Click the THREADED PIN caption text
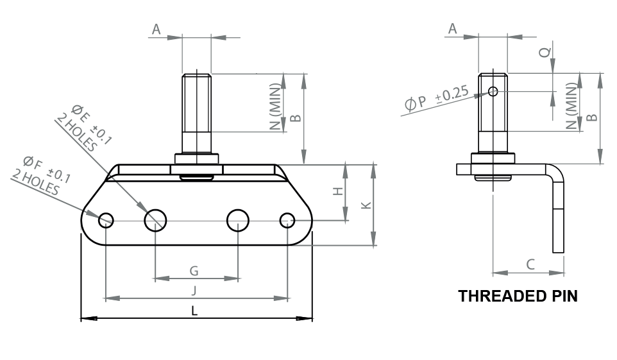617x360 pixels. (x=518, y=296)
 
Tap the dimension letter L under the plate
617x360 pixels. (x=194, y=311)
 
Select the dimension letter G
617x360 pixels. (x=194, y=271)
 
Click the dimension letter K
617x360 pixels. (x=366, y=205)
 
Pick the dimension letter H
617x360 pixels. (x=339, y=191)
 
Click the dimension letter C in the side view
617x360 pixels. (x=530, y=264)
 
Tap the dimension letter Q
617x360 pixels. (x=544, y=53)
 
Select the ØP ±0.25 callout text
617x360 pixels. (x=437, y=98)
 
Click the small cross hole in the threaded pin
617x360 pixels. (x=493, y=92)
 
